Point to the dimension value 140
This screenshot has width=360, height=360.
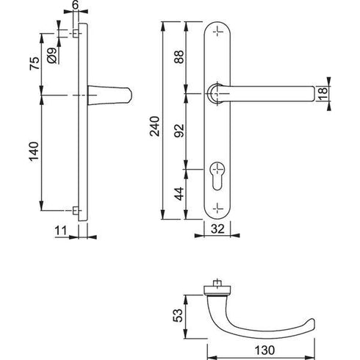pos(30,155)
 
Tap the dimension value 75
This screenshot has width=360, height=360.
pos(30,64)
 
